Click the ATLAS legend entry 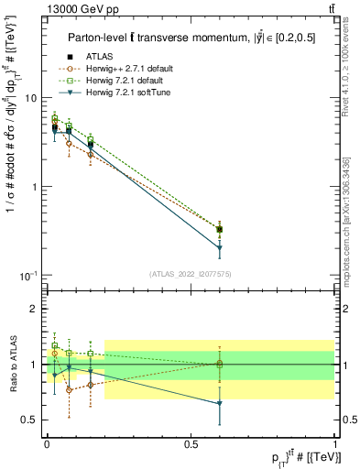(99, 58)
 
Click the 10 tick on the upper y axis (31, 97)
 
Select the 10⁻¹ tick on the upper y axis (28, 276)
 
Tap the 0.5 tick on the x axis (191, 443)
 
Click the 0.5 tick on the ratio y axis (30, 420)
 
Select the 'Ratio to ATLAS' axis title (12, 365)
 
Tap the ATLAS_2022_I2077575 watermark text (191, 273)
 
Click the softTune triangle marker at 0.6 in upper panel (220, 248)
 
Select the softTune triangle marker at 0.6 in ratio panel (220, 404)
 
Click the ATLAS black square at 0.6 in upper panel (220, 229)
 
